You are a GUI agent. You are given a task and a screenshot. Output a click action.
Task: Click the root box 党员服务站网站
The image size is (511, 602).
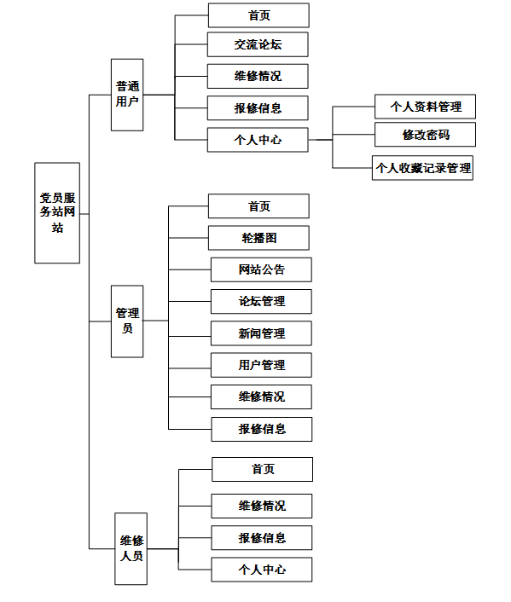(57, 212)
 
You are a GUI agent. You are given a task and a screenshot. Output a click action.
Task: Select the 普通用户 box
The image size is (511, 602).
(127, 95)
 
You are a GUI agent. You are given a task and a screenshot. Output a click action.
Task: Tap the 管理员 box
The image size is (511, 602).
(127, 321)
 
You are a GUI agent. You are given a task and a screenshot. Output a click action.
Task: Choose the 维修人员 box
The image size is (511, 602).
(131, 548)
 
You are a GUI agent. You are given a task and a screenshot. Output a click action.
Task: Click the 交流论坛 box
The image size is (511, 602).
(258, 44)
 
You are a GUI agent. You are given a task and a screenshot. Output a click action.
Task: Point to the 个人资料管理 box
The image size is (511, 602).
(426, 107)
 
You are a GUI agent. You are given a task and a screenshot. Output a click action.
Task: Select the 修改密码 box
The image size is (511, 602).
(426, 135)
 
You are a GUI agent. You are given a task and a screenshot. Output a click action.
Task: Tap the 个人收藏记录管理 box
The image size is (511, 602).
(422, 168)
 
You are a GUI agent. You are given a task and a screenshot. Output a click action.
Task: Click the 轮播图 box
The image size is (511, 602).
(258, 238)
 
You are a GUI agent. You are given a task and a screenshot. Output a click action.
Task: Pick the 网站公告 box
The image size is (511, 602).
(261, 269)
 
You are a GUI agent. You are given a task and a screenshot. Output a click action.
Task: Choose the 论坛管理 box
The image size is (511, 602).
(261, 301)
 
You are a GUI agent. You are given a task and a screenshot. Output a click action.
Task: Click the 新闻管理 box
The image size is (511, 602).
(261, 333)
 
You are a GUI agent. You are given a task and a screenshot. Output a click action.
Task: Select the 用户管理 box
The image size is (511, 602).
(261, 365)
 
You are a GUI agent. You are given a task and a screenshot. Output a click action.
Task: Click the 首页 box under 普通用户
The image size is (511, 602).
(258, 15)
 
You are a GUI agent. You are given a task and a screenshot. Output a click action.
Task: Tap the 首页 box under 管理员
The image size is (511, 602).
(258, 206)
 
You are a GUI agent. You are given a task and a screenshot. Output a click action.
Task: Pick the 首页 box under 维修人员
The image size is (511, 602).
(263, 469)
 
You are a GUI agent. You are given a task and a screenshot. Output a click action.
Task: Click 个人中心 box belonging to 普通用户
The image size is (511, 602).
(258, 140)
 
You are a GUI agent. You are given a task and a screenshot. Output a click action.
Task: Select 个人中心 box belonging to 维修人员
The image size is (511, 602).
(262, 570)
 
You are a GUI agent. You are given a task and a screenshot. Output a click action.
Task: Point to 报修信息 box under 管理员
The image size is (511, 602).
(262, 429)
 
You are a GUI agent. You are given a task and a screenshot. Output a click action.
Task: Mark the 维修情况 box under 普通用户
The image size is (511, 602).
(258, 76)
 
